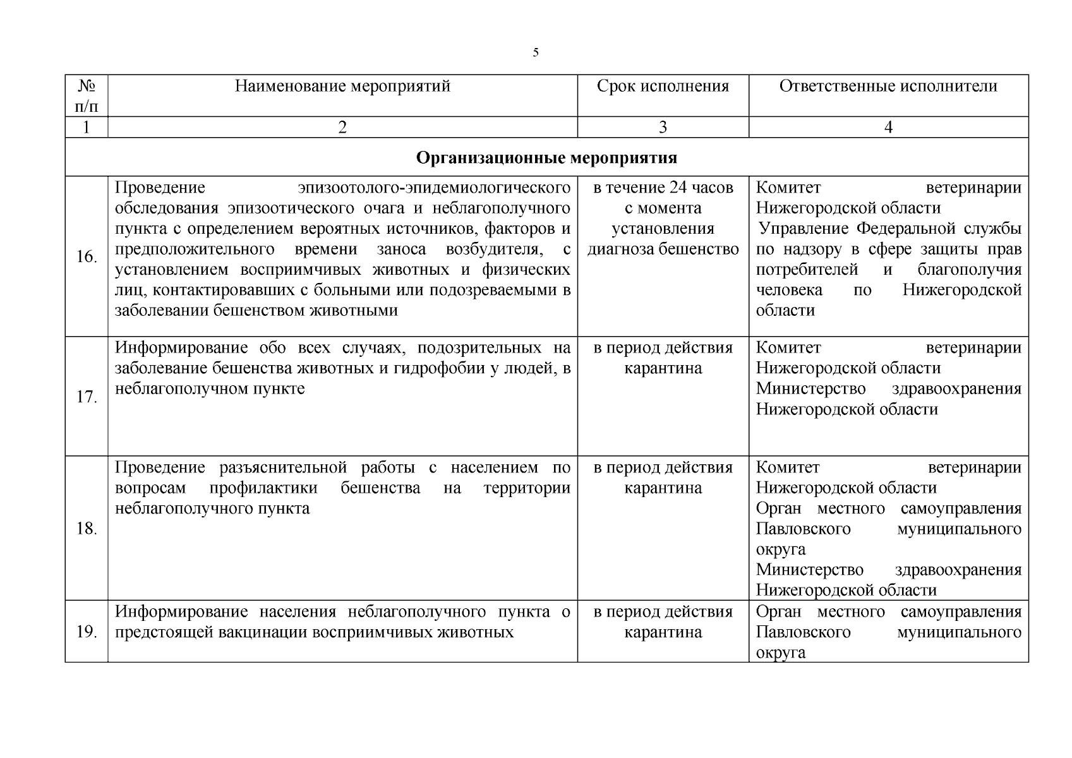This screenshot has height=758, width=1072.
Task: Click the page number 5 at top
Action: (536, 52)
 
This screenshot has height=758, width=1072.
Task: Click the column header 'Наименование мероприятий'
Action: (342, 87)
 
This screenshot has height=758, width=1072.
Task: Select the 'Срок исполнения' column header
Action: (663, 87)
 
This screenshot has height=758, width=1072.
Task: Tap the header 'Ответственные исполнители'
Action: (888, 87)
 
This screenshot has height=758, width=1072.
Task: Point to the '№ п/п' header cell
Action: (87, 95)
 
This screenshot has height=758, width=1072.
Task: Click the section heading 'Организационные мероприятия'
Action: (546, 157)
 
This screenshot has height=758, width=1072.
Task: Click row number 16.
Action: (87, 257)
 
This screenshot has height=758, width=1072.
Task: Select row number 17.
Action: (87, 397)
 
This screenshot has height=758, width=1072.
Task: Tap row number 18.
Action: (87, 529)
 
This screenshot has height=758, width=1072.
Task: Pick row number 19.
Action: (87, 632)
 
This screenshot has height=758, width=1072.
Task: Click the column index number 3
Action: (663, 128)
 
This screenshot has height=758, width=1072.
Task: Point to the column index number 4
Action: (888, 128)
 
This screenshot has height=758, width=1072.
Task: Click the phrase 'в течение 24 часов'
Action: (663, 188)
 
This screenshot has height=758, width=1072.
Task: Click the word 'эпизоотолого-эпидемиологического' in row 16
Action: (434, 188)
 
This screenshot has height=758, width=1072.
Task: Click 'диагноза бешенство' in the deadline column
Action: (663, 249)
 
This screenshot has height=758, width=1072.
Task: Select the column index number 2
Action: (342, 128)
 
